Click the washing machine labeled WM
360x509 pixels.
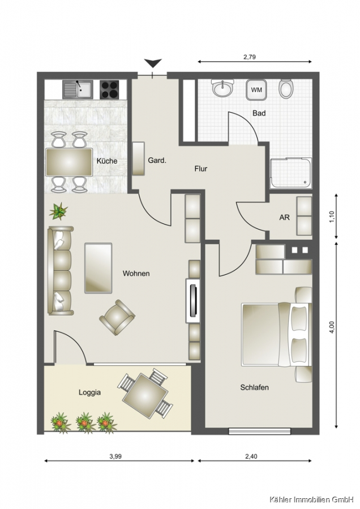click(x=256, y=90)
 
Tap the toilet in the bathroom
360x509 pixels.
click(x=286, y=88)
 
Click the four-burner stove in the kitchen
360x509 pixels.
click(x=109, y=89)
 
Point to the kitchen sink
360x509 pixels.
click(x=78, y=89)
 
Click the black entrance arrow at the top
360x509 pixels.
click(x=153, y=63)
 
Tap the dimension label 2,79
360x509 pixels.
click(x=250, y=57)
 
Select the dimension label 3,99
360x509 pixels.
click(x=115, y=456)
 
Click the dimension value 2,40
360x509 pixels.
click(x=251, y=456)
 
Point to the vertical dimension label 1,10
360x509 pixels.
click(x=331, y=216)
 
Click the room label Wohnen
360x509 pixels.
click(x=136, y=273)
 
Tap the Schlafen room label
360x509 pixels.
click(x=254, y=387)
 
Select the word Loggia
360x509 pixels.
click(x=89, y=392)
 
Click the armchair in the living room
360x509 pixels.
click(x=117, y=317)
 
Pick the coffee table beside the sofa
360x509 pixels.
click(x=98, y=268)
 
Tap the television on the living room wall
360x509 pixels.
click(x=193, y=301)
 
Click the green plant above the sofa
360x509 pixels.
click(x=58, y=212)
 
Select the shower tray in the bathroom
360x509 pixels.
click(x=291, y=172)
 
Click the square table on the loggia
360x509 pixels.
click(x=145, y=396)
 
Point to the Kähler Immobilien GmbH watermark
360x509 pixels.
click(x=311, y=499)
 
